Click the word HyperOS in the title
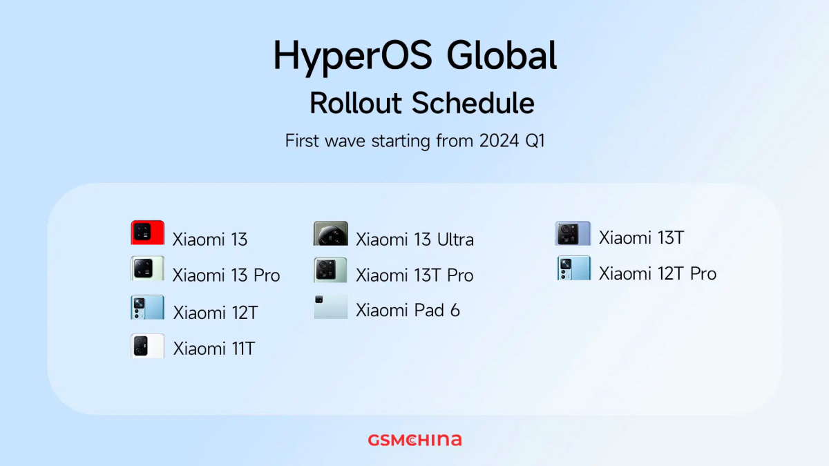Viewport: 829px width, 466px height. [353, 57]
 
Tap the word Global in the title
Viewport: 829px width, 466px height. [502, 55]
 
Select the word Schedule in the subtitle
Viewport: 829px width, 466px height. [473, 103]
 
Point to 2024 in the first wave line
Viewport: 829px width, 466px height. [499, 141]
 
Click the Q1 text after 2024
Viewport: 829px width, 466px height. [535, 142]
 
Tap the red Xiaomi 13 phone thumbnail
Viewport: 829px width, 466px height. [148, 233]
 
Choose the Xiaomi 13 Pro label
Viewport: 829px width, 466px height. [226, 275]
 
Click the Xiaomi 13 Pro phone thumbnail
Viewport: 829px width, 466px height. [147, 268]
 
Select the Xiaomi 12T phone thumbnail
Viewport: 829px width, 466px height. [147, 307]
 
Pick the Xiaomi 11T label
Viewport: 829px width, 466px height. [214, 349]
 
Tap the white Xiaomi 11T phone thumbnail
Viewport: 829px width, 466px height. [148, 346]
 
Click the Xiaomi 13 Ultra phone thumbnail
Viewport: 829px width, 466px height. [330, 233]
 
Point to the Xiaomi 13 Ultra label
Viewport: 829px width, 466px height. [414, 240]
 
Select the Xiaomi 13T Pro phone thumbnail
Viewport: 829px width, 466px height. [330, 270]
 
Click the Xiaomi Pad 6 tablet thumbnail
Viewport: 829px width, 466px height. [331, 307]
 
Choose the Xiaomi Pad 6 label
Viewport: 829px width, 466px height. [408, 310]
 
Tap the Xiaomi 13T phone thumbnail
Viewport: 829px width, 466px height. [573, 233]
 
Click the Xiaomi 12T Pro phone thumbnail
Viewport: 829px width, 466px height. [574, 268]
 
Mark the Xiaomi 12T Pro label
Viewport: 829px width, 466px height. [658, 273]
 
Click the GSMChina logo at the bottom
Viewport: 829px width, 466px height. [415, 440]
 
